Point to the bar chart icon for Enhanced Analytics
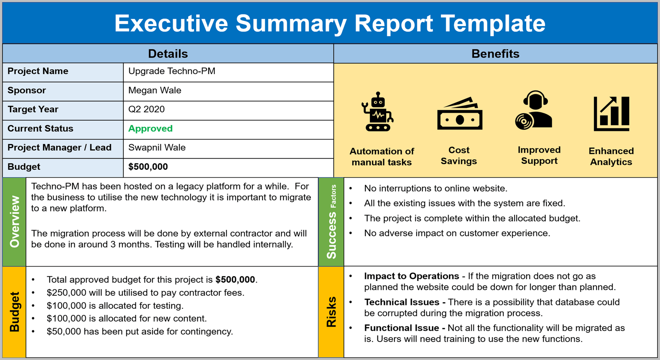(612, 114)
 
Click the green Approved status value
(150, 129)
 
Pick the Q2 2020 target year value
(146, 109)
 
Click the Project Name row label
(38, 71)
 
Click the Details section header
(168, 54)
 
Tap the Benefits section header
(495, 54)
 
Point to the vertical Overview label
(15, 222)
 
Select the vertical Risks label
(331, 312)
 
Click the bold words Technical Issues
(401, 302)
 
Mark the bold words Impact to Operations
(411, 276)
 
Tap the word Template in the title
(493, 23)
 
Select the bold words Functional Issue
(401, 328)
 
